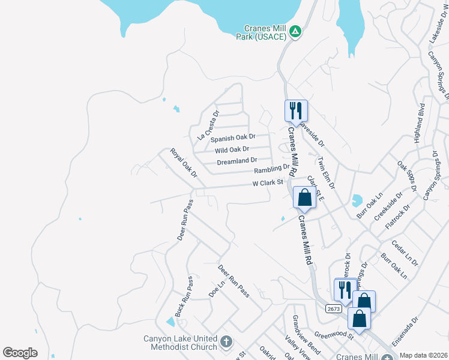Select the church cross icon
click(x=226, y=342)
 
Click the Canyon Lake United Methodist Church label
click(x=180, y=343)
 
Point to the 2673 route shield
click(x=334, y=308)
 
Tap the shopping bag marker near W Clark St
click(x=305, y=197)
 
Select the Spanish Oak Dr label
click(x=233, y=138)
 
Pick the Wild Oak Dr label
click(x=232, y=149)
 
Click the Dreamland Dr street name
click(x=237, y=161)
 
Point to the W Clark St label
click(x=267, y=182)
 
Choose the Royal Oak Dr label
click(x=184, y=163)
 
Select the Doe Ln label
click(x=215, y=289)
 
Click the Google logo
click(x=20, y=353)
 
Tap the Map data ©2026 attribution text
click(x=423, y=355)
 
